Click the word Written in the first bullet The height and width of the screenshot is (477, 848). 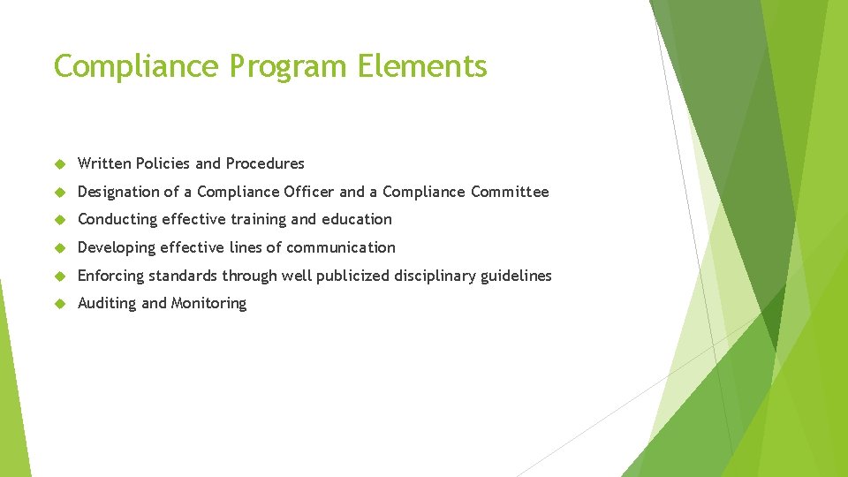point(104,163)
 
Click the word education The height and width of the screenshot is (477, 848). point(357,219)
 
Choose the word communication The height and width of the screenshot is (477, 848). point(341,247)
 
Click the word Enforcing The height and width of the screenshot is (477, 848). point(110,276)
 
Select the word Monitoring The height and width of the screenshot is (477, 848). point(209,304)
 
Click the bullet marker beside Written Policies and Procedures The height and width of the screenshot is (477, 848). point(61,164)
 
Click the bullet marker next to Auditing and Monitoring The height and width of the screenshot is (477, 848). point(61,304)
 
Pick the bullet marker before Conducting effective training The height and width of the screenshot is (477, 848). point(61,220)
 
